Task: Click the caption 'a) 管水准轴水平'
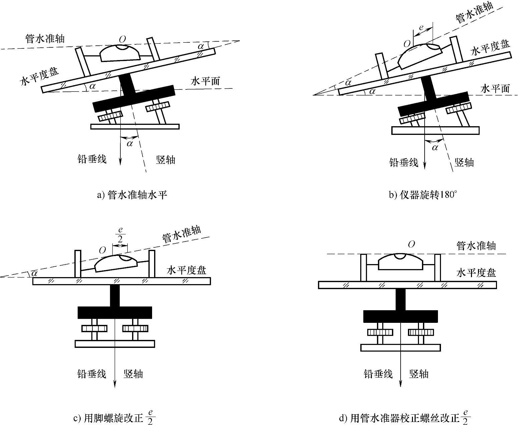pos(132,195)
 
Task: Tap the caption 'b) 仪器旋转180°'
pos(422,195)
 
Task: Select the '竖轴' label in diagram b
pos(464,162)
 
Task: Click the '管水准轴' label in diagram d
pos(476,246)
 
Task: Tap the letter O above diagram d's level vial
pos(411,245)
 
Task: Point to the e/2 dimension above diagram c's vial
pos(120,235)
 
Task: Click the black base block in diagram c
pos(115,312)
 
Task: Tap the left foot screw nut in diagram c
pos(94,329)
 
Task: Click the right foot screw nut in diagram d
pos(421,332)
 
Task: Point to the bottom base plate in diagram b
pos(435,130)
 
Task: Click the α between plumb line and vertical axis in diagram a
pos(130,144)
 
